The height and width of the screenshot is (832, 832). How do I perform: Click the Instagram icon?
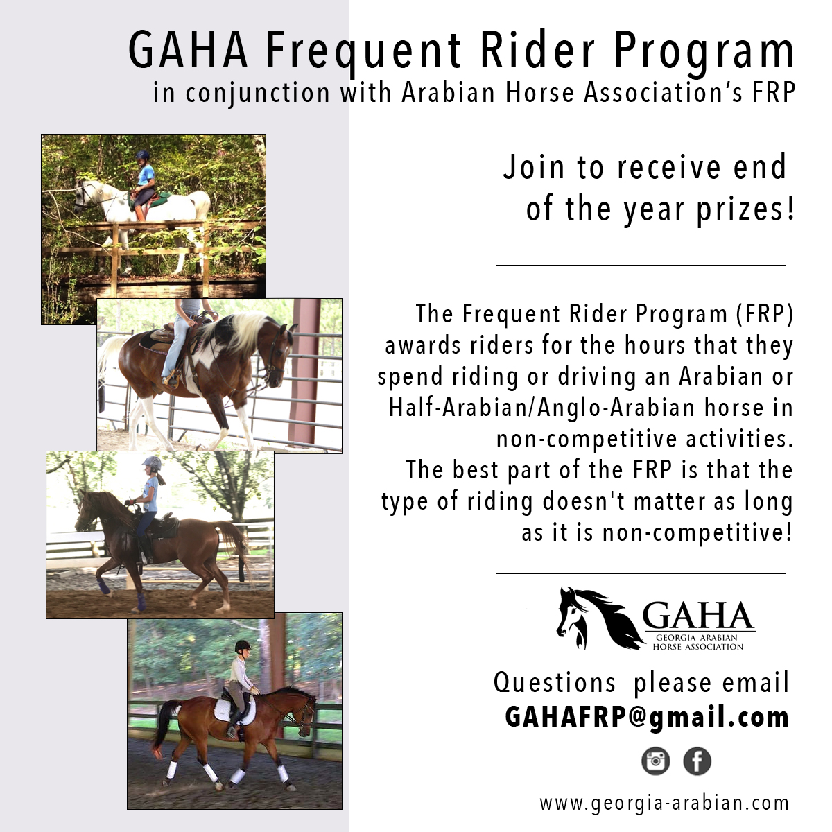(655, 761)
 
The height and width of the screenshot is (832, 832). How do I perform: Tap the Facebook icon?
(697, 761)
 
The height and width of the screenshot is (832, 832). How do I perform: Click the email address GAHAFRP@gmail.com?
(647, 718)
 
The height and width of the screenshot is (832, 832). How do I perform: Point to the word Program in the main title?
(704, 51)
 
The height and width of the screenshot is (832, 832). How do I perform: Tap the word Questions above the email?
(555, 683)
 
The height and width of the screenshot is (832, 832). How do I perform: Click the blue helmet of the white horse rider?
(142, 155)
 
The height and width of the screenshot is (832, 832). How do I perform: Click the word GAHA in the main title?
(189, 50)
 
